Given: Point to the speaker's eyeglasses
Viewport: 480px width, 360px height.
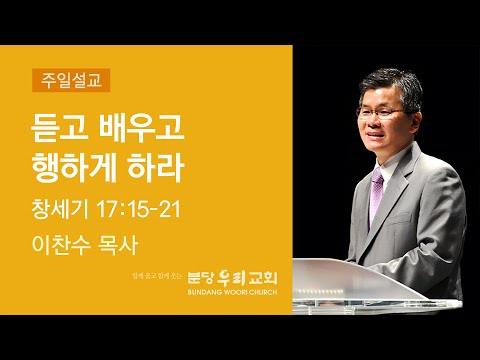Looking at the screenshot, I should coord(381,113).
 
